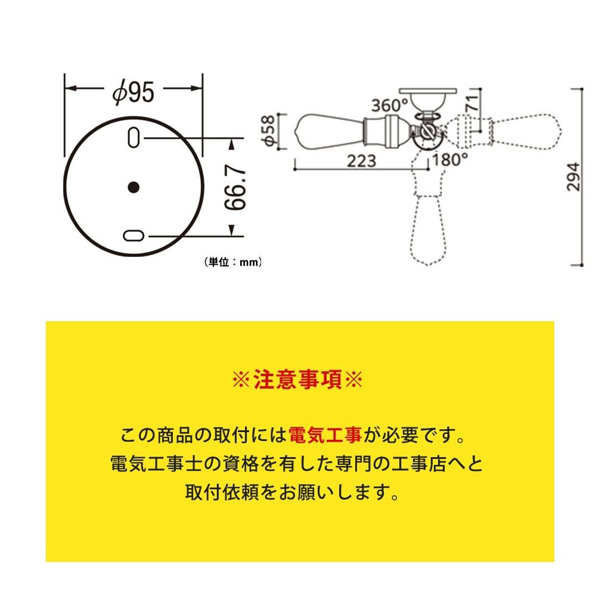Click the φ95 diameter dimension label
click(x=134, y=92)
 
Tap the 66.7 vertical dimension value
click(x=235, y=187)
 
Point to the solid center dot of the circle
click(x=134, y=187)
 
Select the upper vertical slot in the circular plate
click(x=134, y=138)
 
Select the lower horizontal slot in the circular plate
click(x=134, y=235)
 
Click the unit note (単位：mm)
click(x=233, y=262)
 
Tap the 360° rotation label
click(x=390, y=105)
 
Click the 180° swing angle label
click(x=450, y=159)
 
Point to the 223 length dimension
click(x=362, y=161)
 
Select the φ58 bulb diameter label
click(x=268, y=131)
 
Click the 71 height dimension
click(x=471, y=103)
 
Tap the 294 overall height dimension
click(x=573, y=177)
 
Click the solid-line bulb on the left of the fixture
click(x=330, y=131)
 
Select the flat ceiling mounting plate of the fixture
click(x=427, y=91)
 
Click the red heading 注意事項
click(x=297, y=379)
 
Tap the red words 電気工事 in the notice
click(x=325, y=435)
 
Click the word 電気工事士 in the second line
click(x=158, y=464)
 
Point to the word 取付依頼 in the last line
click(x=222, y=492)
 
